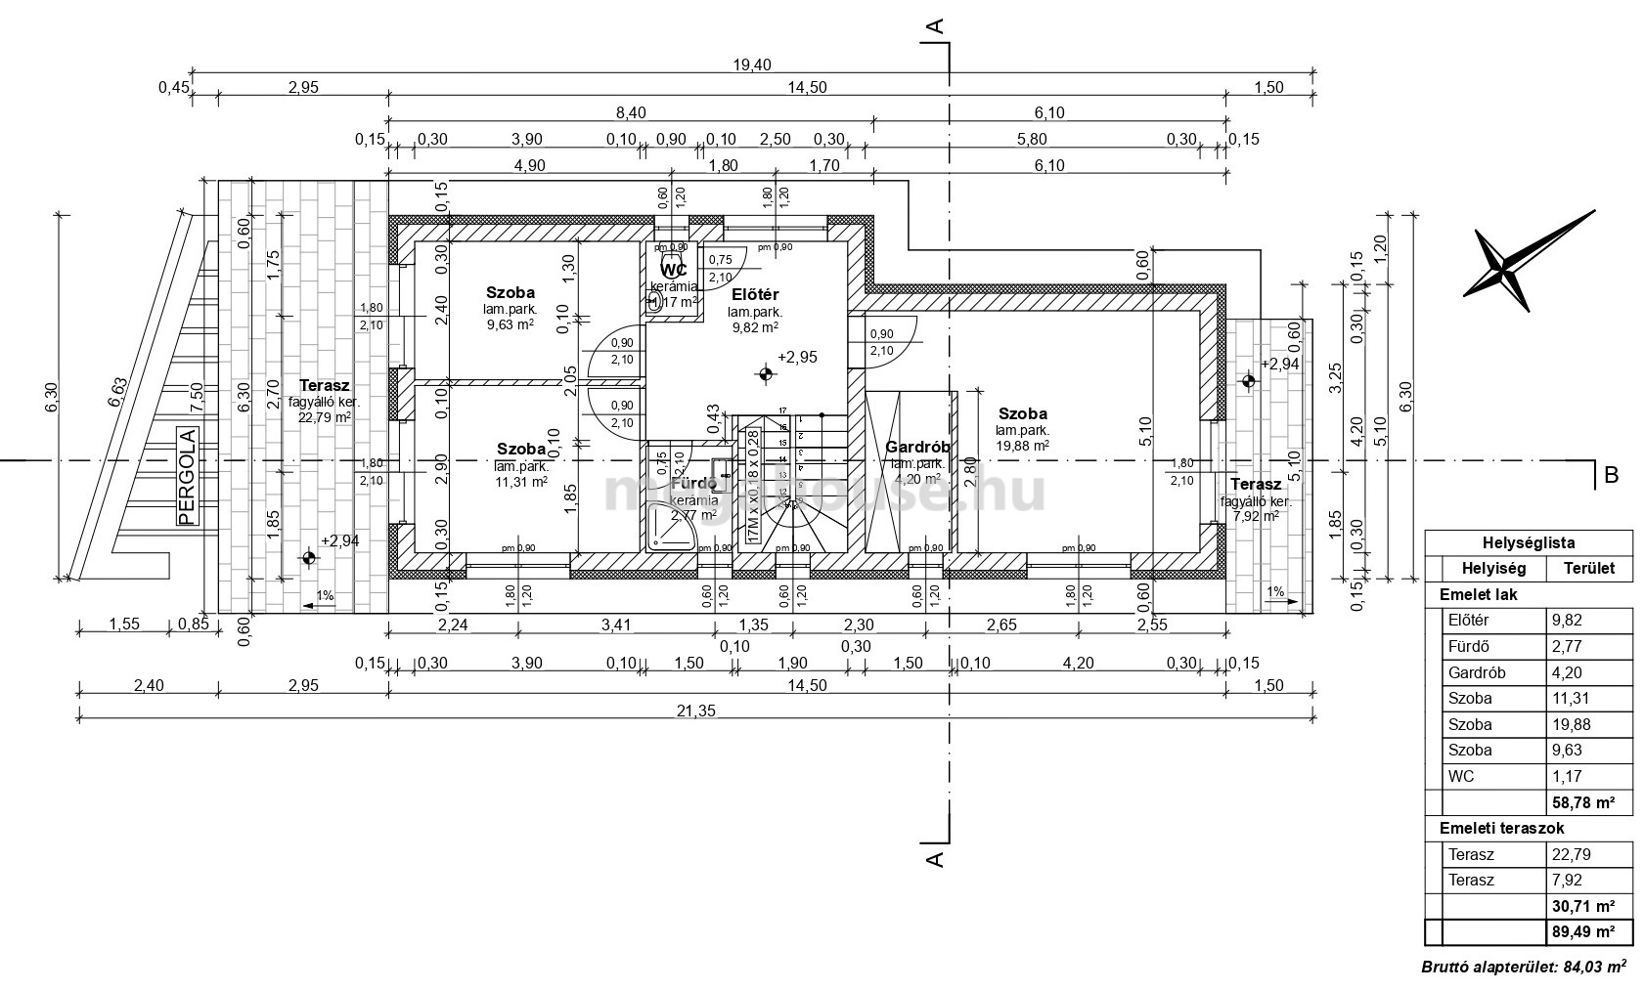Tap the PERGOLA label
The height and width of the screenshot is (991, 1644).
pos(187,476)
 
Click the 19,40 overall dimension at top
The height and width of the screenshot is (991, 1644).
pos(752,65)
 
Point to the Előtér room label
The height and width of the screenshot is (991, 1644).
pos(755,294)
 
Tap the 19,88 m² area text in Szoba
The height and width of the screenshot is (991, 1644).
pos(1022,445)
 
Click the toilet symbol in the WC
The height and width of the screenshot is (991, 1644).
pos(653,301)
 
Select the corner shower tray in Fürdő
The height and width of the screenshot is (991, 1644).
pos(673,529)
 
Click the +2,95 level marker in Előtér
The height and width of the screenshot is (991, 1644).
pos(797,358)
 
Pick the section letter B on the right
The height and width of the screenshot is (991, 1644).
pos(1612,475)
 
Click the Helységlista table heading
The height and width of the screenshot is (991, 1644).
pos(1528,543)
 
